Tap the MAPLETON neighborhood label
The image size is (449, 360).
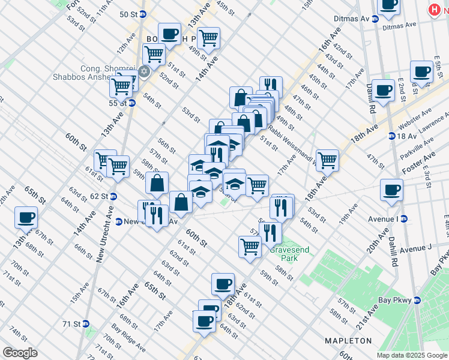348,341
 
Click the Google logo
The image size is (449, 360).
20,353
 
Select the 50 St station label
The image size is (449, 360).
128,14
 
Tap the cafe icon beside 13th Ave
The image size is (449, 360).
26,217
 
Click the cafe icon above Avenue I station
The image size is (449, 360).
391,190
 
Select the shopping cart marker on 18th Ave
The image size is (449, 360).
327,160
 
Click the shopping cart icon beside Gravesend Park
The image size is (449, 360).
250,246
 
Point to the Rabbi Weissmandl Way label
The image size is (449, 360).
292,142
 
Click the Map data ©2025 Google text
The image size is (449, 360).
412,355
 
